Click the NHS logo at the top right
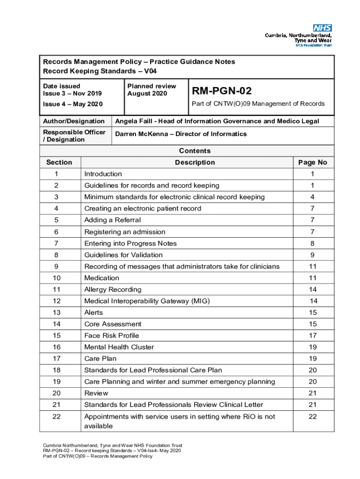click(322, 28)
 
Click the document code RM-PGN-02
click(222, 90)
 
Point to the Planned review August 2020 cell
click(151, 90)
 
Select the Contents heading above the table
click(194, 151)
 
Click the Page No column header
click(312, 162)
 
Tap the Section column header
click(59, 162)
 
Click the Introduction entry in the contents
click(103, 174)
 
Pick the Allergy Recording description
click(113, 290)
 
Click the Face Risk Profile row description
click(111, 335)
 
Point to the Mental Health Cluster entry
click(119, 347)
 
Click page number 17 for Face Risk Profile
click(312, 335)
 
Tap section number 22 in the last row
click(57, 416)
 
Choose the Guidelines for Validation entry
click(123, 255)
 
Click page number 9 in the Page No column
click(312, 255)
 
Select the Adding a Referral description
click(112, 220)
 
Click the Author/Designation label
click(74, 121)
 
